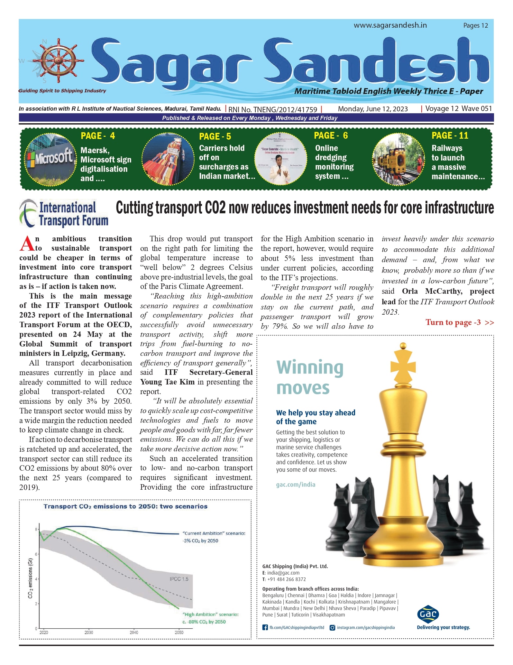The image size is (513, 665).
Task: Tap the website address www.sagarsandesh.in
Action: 390,25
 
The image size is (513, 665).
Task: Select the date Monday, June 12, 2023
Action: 373,109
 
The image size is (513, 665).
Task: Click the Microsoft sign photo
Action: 51,159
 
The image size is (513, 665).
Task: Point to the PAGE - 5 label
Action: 215,136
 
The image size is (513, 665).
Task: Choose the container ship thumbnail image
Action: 168,159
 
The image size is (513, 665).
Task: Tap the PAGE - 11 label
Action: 450,135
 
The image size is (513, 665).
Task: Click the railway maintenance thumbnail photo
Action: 398,159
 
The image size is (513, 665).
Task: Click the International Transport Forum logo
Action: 64,213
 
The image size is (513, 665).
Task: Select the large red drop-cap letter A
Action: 27,244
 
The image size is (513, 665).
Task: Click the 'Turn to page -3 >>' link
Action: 459,322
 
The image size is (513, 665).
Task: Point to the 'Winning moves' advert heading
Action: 309,377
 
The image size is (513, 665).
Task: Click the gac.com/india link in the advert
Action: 296,485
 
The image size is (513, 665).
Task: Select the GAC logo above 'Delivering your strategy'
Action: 428,614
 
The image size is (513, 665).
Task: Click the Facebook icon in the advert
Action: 265,627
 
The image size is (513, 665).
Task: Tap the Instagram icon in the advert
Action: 333,627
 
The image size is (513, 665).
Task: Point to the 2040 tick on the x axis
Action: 134,632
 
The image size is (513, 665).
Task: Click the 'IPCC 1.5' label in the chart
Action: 179,579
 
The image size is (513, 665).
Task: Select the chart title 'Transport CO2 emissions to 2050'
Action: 125,506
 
